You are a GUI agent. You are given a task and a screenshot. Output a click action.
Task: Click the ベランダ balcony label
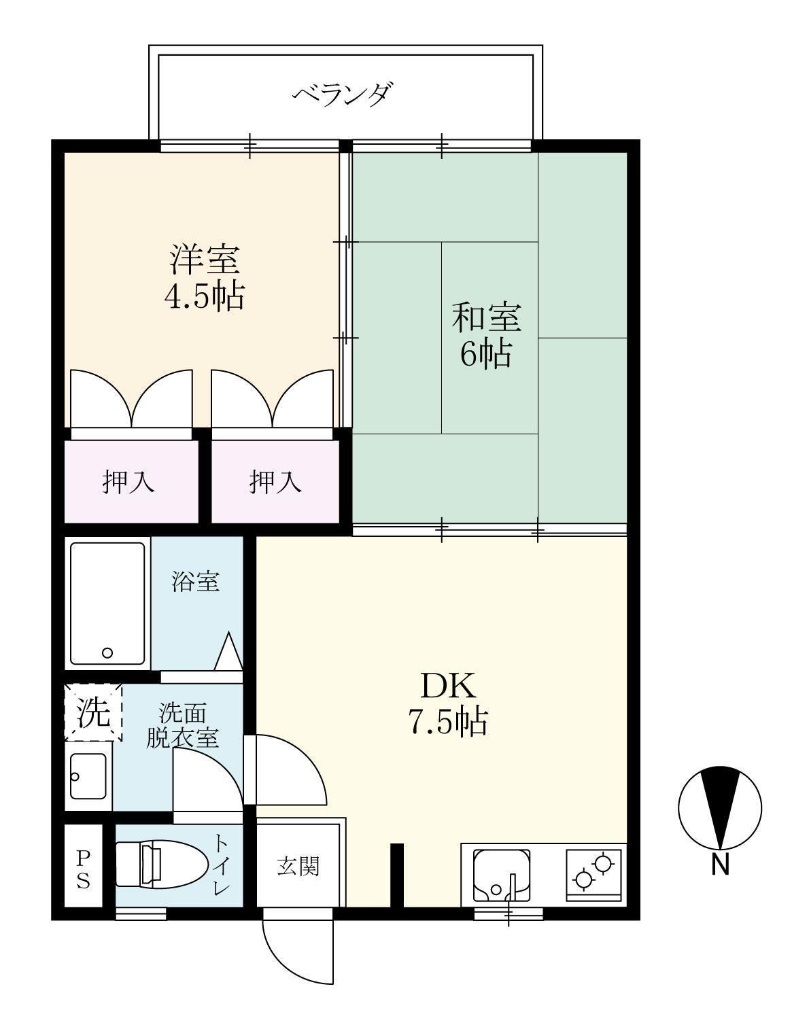343,94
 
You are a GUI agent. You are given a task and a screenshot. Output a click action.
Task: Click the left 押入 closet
128,482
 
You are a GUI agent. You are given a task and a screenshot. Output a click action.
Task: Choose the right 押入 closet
275,482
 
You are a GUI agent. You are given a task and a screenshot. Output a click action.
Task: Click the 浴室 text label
195,582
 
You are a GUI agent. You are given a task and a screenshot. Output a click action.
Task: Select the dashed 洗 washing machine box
93,712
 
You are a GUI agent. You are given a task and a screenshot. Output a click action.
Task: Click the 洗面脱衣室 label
182,725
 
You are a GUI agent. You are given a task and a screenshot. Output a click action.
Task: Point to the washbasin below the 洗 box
88,777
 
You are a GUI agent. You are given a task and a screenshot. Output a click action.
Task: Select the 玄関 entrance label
298,867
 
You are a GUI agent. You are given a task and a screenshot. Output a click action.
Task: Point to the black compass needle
720,805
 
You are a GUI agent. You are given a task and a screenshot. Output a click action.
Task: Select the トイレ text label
222,865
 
